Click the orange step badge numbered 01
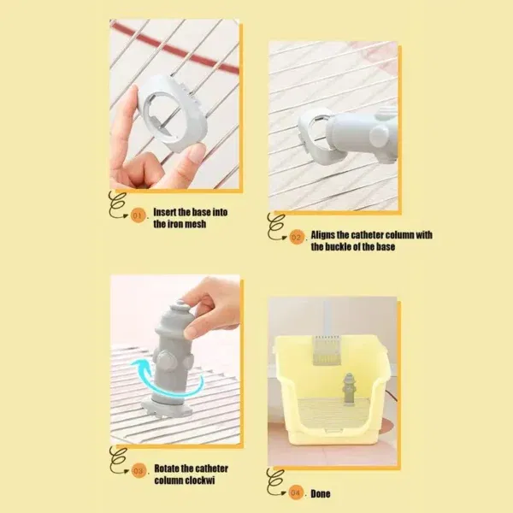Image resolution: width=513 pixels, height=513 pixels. pyautogui.click(x=138, y=216)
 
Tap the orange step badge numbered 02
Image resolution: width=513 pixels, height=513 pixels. pyautogui.click(x=297, y=238)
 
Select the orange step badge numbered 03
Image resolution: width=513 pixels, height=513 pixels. pyautogui.click(x=139, y=471)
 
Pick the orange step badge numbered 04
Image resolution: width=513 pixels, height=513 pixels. pyautogui.click(x=296, y=492)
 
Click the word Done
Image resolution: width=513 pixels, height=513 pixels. pyautogui.click(x=321, y=493)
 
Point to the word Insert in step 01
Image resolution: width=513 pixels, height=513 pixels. pyautogui.click(x=165, y=212)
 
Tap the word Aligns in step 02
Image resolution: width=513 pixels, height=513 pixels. pyautogui.click(x=322, y=235)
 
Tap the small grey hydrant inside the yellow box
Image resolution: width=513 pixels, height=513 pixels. pyautogui.click(x=349, y=389)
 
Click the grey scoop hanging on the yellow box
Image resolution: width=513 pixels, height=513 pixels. pyautogui.click(x=327, y=350)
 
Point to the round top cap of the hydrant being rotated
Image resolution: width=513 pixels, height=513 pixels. pyautogui.click(x=180, y=307)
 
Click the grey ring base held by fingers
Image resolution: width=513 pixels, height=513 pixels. pyautogui.click(x=174, y=113)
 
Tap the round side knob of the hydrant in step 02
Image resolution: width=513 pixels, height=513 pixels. pyautogui.click(x=379, y=135)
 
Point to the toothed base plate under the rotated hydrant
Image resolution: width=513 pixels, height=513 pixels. pyautogui.click(x=166, y=408)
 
